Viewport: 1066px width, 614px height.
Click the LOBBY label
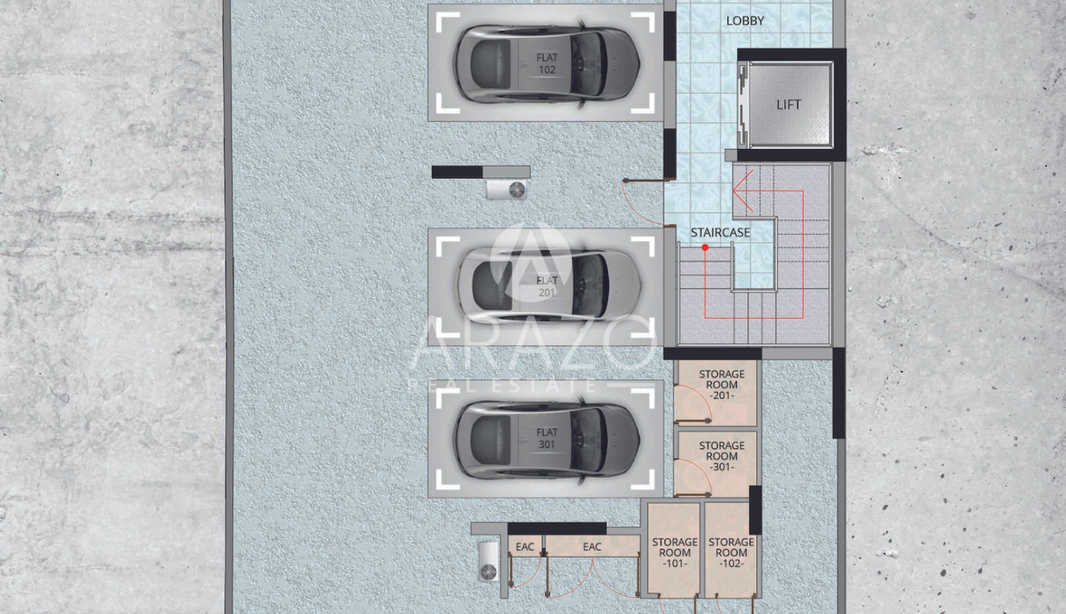745,21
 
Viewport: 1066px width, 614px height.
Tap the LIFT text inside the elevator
789,105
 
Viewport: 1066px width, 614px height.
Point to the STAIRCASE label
721,232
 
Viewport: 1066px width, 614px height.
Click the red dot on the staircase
705,247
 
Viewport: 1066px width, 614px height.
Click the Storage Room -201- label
721,385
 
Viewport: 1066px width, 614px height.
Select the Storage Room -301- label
721,456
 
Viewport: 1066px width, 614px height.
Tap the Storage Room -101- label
675,553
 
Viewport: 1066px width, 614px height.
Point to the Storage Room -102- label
731,553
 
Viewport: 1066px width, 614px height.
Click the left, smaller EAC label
525,547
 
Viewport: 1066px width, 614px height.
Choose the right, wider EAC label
592,547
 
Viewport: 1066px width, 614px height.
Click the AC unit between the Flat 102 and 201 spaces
507,190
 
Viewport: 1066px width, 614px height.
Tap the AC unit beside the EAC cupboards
488,562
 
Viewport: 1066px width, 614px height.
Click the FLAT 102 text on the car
547,64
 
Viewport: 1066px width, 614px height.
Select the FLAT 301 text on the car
547,438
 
